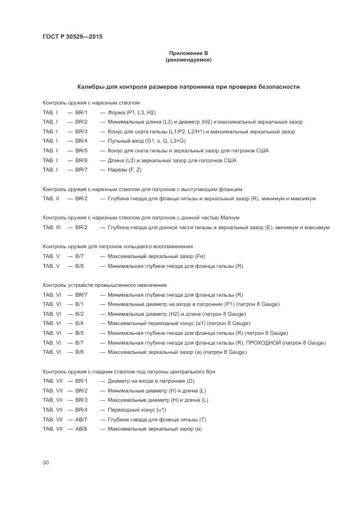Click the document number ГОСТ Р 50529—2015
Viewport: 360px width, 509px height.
72,37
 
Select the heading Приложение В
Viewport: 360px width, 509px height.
188,53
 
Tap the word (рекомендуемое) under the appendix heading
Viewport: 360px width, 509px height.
188,60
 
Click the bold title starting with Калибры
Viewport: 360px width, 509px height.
188,87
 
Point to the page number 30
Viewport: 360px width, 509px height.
46,462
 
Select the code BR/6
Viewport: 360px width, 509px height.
81,160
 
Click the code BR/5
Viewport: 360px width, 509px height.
81,150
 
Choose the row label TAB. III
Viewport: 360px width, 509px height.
51,228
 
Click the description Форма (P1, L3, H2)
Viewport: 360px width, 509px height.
132,112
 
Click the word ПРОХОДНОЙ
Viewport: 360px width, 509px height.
263,342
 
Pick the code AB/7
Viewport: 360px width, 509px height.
81,419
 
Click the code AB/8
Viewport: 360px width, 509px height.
81,429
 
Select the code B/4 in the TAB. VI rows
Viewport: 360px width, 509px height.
80,323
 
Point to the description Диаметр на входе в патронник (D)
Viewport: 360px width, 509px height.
151,381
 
